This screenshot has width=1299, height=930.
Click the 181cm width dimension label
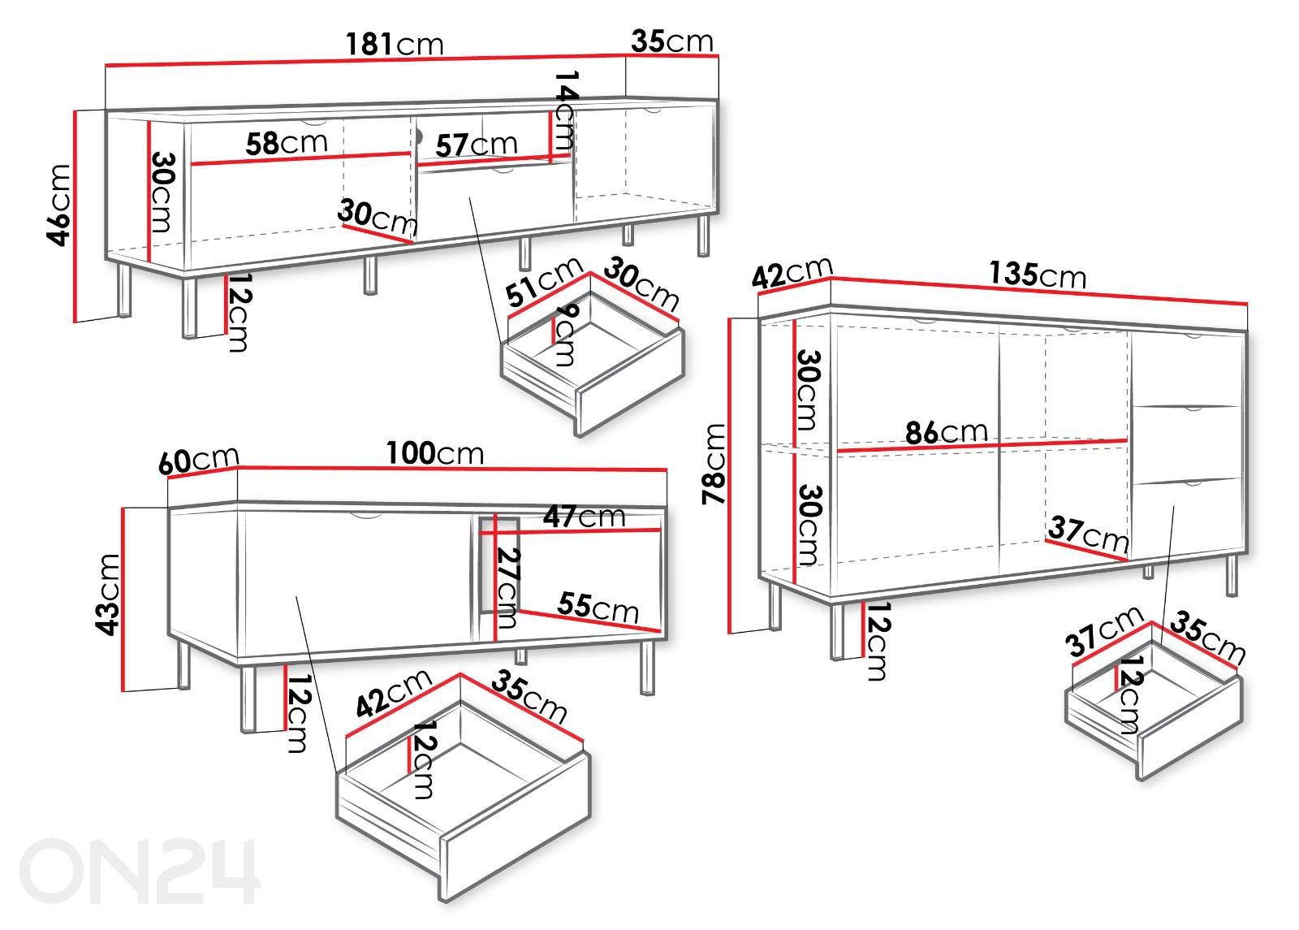click(395, 44)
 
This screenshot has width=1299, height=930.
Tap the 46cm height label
click(59, 205)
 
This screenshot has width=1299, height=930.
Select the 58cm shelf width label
click(287, 143)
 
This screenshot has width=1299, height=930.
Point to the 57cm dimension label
click(476, 145)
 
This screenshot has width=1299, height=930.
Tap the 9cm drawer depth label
click(565, 336)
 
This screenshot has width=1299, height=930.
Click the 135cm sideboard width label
click(1038, 274)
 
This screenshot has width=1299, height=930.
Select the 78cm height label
click(714, 464)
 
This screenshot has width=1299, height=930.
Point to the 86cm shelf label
click(947, 432)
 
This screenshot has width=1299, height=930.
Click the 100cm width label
click(435, 453)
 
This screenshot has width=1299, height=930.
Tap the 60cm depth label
click(199, 460)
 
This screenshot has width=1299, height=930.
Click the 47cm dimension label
click(584, 516)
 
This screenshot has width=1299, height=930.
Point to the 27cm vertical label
click(508, 588)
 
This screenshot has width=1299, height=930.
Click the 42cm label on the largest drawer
click(394, 694)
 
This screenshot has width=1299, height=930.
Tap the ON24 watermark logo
click(140, 870)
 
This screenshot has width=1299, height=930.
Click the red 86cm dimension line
click(982, 446)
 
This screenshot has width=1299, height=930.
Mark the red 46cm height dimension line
click(75, 216)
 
